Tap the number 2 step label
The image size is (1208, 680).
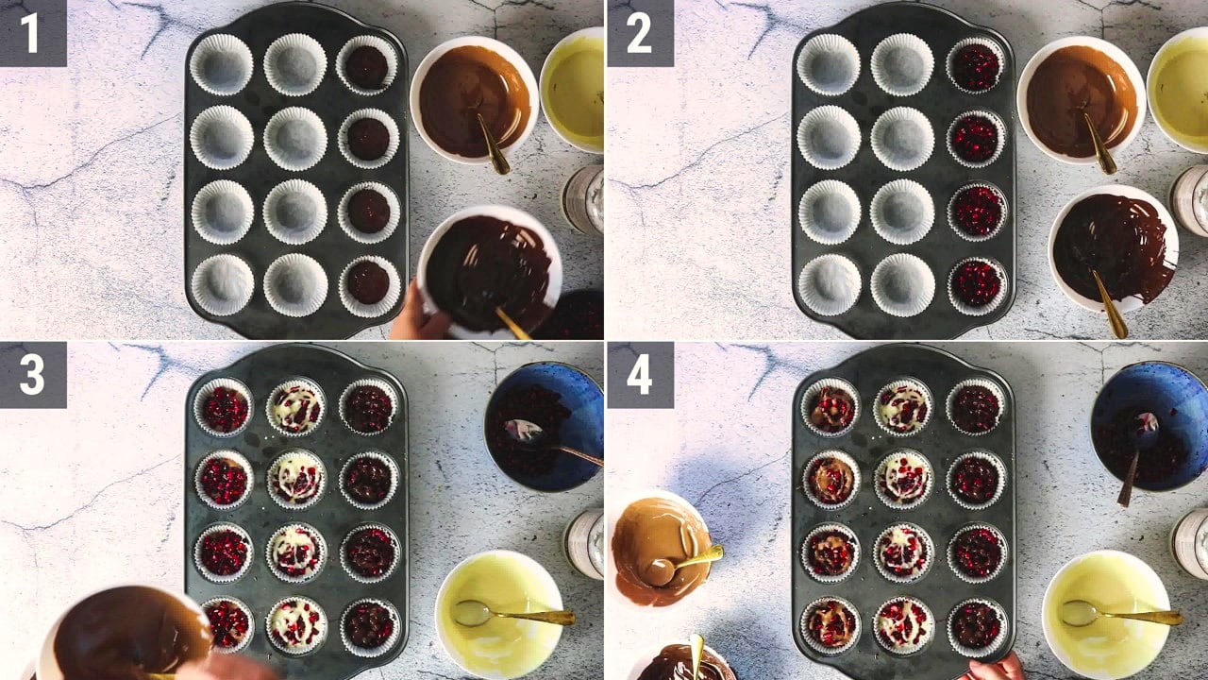tap(640, 33)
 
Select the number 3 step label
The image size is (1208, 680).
tap(33, 375)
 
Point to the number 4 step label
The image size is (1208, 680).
tap(640, 375)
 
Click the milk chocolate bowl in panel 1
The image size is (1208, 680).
tap(474, 101)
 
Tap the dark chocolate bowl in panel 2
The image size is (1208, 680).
tap(1113, 249)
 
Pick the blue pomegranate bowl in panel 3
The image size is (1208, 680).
tap(544, 427)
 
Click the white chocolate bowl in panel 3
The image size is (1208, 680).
tap(500, 607)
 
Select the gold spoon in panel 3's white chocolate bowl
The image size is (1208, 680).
tap(512, 614)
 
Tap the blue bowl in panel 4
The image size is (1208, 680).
tap(1149, 427)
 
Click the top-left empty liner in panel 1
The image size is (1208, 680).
tap(221, 65)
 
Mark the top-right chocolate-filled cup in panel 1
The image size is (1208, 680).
tap(367, 66)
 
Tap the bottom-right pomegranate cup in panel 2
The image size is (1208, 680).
tap(977, 284)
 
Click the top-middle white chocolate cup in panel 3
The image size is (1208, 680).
tap(296, 407)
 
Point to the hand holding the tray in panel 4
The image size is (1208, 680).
tap(995, 666)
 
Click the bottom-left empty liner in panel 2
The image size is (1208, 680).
tap(830, 284)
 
